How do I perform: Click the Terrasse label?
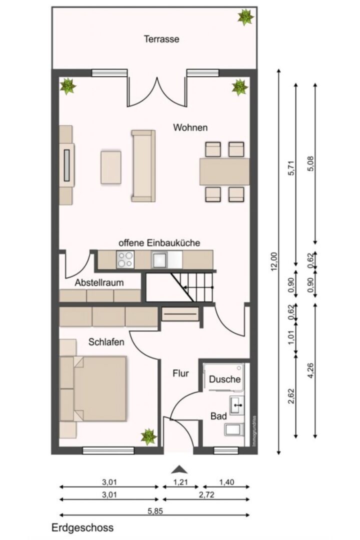click(161, 39)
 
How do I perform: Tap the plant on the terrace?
click(245, 16)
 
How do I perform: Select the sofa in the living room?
click(143, 165)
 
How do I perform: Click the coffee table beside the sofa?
click(111, 167)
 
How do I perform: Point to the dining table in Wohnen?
click(224, 171)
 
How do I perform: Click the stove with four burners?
click(125, 259)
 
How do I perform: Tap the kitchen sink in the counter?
click(159, 259)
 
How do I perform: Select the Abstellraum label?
click(99, 282)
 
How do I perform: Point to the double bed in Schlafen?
click(93, 388)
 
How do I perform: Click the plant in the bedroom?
click(149, 436)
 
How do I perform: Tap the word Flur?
click(180, 373)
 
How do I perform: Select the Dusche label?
click(224, 379)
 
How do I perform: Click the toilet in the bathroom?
click(234, 429)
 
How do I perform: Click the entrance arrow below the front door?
click(179, 469)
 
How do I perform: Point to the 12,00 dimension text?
click(274, 261)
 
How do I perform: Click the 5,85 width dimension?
click(155, 511)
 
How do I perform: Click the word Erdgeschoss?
click(82, 527)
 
